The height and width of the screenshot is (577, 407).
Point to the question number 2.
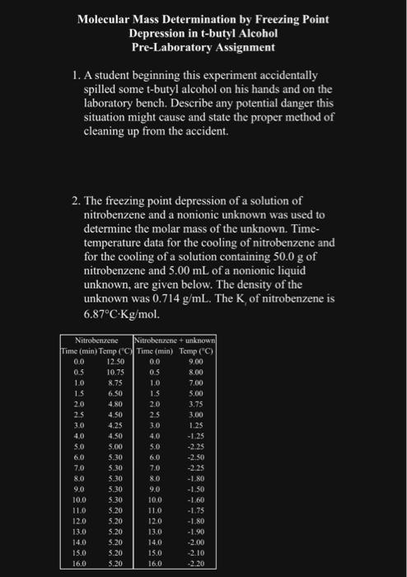point(76,201)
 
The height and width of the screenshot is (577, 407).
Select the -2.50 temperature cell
point(196,457)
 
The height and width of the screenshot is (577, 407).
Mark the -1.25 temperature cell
point(196,435)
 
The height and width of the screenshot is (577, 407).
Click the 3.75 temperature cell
point(196,403)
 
